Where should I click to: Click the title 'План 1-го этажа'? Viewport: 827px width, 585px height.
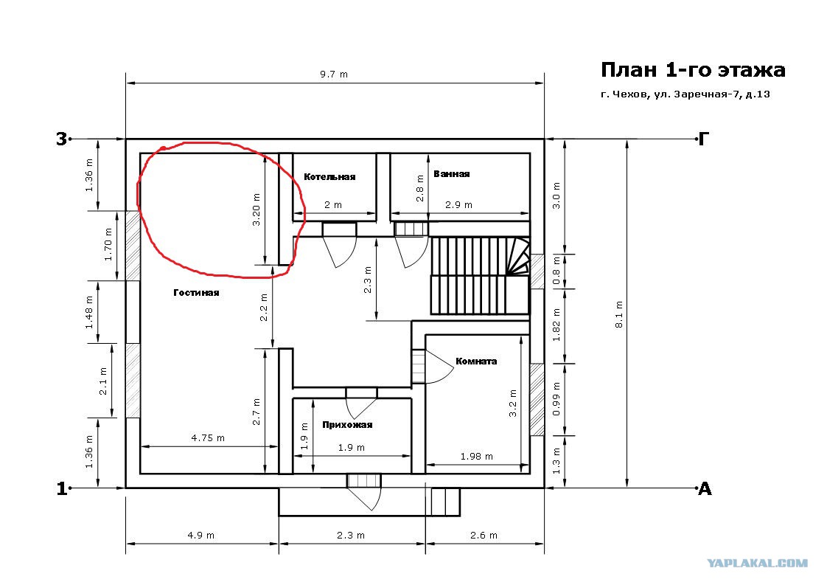coord(693,69)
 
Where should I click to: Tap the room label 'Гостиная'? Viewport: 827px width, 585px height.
coord(196,292)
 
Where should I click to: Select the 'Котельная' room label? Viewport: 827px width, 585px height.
coord(329,177)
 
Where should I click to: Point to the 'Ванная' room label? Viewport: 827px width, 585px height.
coord(452,173)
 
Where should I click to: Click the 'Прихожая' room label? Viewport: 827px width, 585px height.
coord(347,424)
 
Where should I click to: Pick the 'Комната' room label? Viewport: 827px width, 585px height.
coord(476,361)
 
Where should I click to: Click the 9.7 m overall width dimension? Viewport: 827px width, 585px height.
coord(334,74)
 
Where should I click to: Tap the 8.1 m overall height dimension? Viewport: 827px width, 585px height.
coord(619,315)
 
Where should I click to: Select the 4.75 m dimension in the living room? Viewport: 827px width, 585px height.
coord(208,437)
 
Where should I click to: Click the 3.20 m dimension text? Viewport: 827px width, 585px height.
coord(257,210)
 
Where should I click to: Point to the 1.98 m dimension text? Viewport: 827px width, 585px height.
coord(477,456)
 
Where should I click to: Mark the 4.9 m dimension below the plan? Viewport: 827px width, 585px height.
coord(201,535)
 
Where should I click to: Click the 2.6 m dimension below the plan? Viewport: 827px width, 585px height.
coord(484,535)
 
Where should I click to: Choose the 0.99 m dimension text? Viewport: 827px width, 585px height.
coord(556,399)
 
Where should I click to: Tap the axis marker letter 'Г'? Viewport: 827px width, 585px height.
coord(704,139)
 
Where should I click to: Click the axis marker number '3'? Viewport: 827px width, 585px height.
coord(62,139)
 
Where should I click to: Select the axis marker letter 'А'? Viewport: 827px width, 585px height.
coord(705,489)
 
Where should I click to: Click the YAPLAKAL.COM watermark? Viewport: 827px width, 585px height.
coord(758,564)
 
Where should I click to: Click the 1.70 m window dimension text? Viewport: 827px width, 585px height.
coord(108,244)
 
